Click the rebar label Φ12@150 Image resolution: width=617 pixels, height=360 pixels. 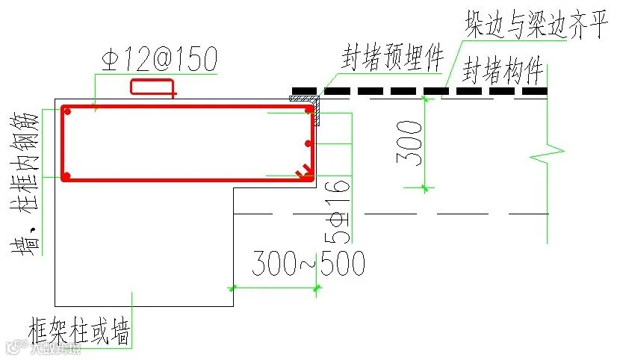pyautogui.click(x=157, y=58)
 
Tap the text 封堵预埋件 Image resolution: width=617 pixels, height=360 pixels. pyautogui.click(x=393, y=58)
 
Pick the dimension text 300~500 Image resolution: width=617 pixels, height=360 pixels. pyautogui.click(x=308, y=264)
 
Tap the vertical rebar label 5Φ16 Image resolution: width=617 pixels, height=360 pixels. pyautogui.click(x=339, y=212)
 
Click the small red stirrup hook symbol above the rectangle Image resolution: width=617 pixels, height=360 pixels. pyautogui.click(x=153, y=87)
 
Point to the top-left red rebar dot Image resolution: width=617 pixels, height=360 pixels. pyautogui.click(x=67, y=111)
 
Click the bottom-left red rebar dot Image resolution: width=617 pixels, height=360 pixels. pyautogui.click(x=67, y=176)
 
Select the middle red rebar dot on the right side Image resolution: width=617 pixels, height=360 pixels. pyautogui.click(x=308, y=143)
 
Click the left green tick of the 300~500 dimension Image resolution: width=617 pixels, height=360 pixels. pyautogui.click(x=232, y=288)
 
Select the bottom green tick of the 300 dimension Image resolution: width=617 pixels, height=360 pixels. pyautogui.click(x=424, y=188)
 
